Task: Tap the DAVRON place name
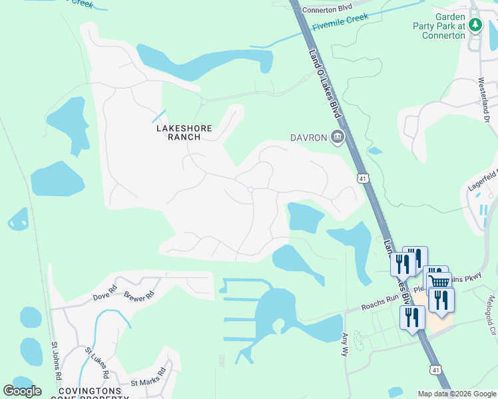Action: point(308,138)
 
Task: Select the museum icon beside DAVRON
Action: point(338,138)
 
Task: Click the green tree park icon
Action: point(475,25)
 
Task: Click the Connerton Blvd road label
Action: point(326,9)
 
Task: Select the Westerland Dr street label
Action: point(485,100)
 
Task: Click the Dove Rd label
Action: point(105,293)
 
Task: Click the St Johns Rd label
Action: point(57,361)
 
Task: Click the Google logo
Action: point(22,391)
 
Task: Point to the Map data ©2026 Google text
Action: point(456,394)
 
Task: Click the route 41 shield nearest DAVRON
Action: point(362,178)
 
